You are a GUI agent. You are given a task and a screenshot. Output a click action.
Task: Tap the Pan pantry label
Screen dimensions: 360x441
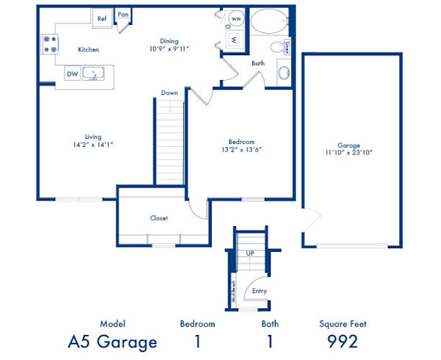coord(123,14)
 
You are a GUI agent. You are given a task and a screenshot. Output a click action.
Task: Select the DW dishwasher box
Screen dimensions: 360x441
coord(72,73)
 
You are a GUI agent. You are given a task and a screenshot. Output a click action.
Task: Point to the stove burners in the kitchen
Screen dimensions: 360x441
coord(50,44)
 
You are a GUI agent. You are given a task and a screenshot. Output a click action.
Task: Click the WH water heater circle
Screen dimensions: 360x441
coord(236,18)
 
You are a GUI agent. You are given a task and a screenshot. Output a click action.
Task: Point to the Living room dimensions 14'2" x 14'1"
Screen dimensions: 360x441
coord(93,145)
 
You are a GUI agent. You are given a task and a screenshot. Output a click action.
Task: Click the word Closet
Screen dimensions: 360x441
coord(159,218)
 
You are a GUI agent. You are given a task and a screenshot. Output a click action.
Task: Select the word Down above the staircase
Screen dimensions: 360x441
coord(169,93)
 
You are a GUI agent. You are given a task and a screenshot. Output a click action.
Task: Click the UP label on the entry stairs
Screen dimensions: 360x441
coord(251,253)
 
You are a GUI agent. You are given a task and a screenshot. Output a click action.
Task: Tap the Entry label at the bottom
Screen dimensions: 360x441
coord(259,291)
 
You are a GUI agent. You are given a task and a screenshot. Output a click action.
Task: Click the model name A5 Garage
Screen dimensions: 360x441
coord(112,342)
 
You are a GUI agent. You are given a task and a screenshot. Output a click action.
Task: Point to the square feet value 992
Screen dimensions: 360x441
coord(342,342)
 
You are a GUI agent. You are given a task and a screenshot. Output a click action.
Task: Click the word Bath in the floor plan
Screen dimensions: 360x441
coord(258,63)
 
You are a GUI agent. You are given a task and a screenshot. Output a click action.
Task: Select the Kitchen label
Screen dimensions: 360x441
coord(89,50)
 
